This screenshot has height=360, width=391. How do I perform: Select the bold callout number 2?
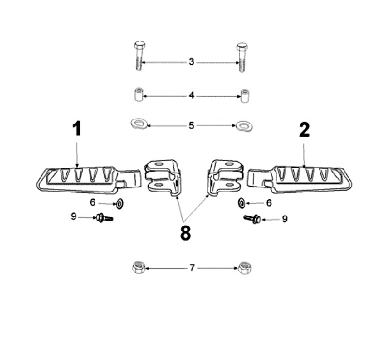point(305,130)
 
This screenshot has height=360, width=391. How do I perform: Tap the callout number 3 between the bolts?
point(191,61)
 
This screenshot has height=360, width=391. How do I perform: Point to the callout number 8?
point(185,233)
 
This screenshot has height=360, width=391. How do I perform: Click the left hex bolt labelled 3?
point(140,55)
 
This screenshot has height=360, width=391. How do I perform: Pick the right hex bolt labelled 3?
point(242,58)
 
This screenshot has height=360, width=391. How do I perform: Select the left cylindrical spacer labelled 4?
point(138,94)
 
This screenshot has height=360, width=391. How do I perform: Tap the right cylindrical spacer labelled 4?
point(244,96)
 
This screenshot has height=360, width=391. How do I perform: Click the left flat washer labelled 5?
point(139,124)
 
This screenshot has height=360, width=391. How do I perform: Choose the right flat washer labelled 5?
point(244,125)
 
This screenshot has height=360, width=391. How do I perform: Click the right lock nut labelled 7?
point(245,268)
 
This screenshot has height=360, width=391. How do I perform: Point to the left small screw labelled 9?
point(104,218)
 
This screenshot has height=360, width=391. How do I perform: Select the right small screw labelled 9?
point(253,219)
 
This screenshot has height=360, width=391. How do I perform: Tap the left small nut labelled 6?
point(119,204)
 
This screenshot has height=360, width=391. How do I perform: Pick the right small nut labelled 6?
point(241,203)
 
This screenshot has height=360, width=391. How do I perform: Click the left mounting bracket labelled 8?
point(162,178)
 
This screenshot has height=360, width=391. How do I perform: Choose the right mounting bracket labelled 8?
point(225,177)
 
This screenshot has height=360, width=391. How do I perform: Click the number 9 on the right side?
point(285,219)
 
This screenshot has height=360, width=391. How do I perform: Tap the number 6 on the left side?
point(92,202)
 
